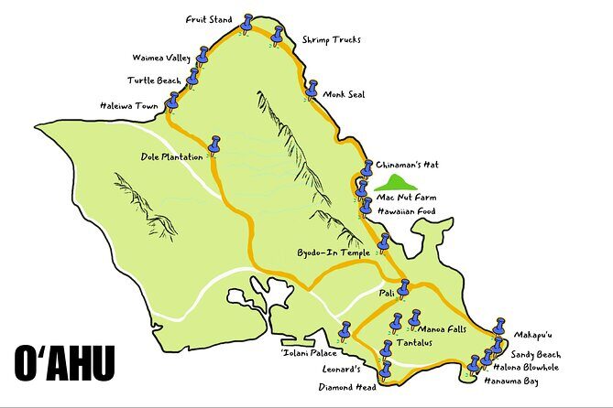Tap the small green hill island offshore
point(397,182)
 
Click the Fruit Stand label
point(209,18)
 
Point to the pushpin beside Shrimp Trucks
point(278,35)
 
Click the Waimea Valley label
point(159,59)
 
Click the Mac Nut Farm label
point(406,197)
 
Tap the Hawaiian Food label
point(406,211)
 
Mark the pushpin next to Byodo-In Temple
point(385,242)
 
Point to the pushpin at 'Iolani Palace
point(345,330)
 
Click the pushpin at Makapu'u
point(499,327)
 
